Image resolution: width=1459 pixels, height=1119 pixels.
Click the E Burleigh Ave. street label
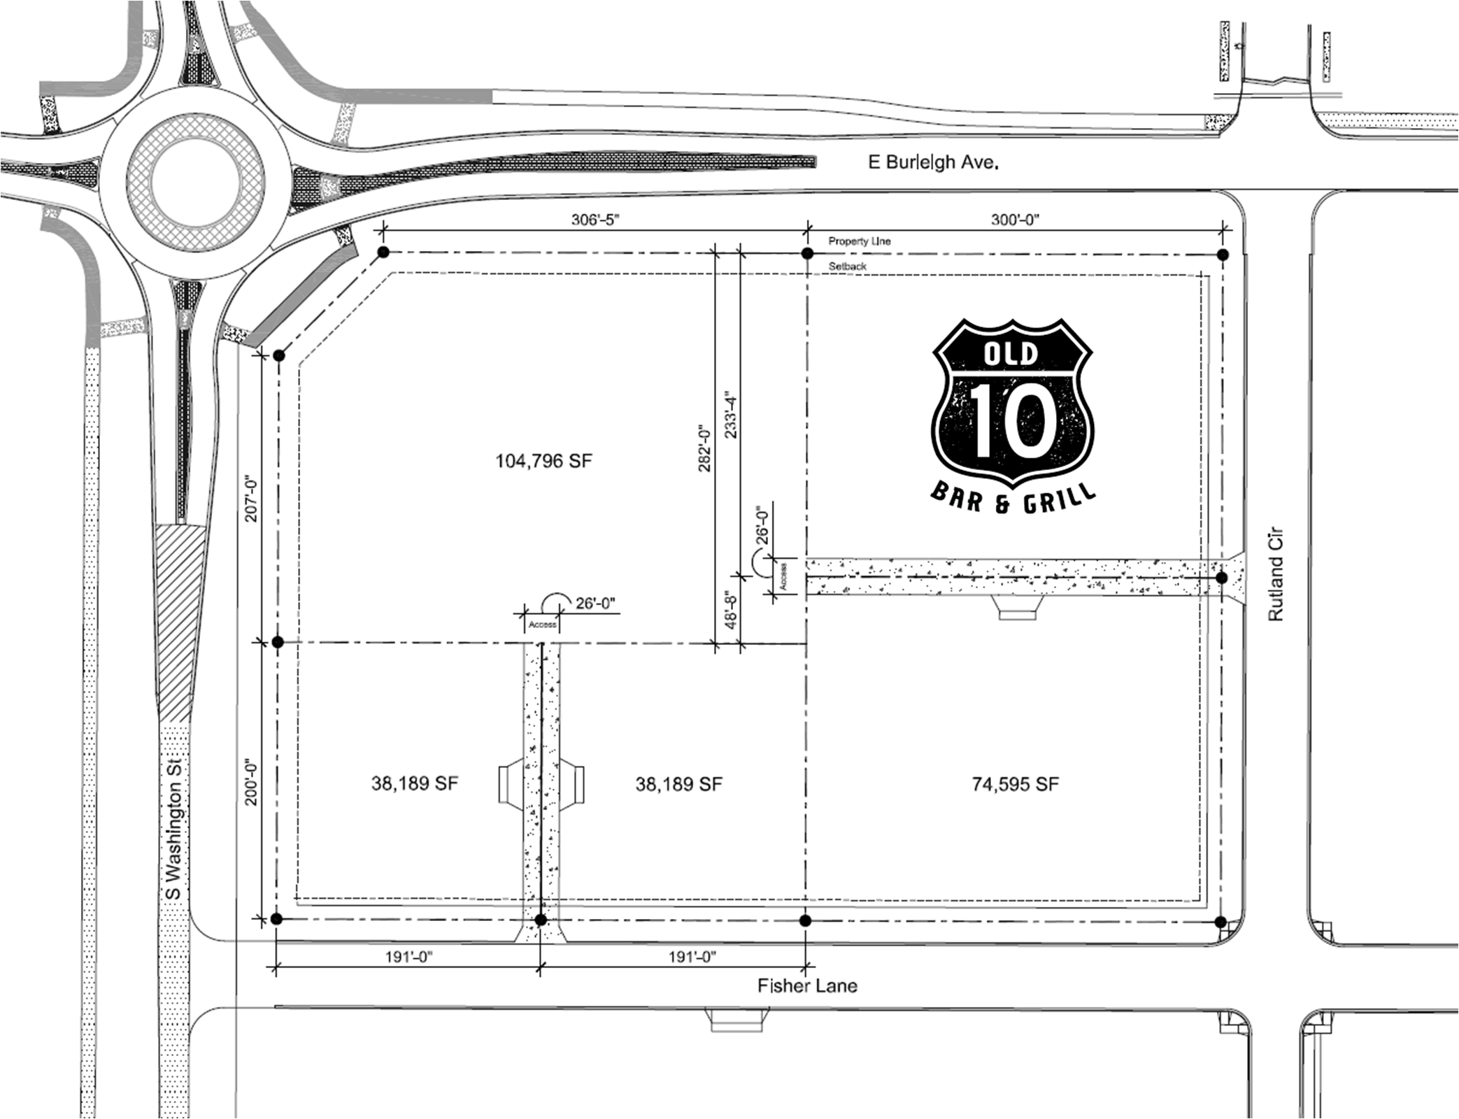(933, 162)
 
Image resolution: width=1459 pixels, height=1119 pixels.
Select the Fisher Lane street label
(807, 985)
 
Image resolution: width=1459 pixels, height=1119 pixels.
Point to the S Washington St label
(172, 829)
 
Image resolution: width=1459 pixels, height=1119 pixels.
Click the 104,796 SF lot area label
(543, 461)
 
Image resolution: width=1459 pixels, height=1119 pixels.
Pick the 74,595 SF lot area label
(1015, 784)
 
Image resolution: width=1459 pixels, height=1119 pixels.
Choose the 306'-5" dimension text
(595, 219)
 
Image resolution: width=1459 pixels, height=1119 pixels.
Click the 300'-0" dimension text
(1015, 219)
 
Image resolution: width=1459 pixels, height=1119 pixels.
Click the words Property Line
(860, 241)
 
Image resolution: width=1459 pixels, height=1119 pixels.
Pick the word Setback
(848, 266)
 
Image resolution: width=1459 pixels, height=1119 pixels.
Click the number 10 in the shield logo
(1013, 422)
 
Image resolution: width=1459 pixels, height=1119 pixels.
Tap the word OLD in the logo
(1011, 353)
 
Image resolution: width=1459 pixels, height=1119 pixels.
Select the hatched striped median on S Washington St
(179, 622)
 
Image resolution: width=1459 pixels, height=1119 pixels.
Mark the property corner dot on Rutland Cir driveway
(1221, 578)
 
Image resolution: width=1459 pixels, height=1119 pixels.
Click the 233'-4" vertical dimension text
(731, 414)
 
